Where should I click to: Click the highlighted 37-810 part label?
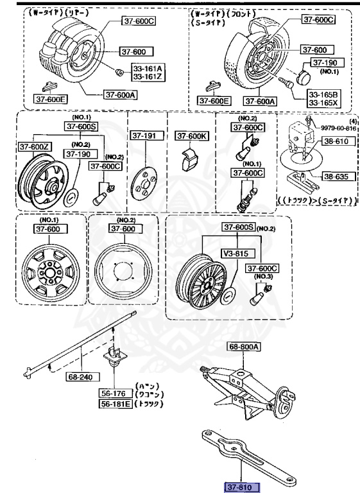[242, 488]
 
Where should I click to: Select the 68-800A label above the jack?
[244, 347]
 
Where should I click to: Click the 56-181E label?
[116, 404]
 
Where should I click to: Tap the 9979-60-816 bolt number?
[338, 128]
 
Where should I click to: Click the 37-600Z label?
[35, 147]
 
